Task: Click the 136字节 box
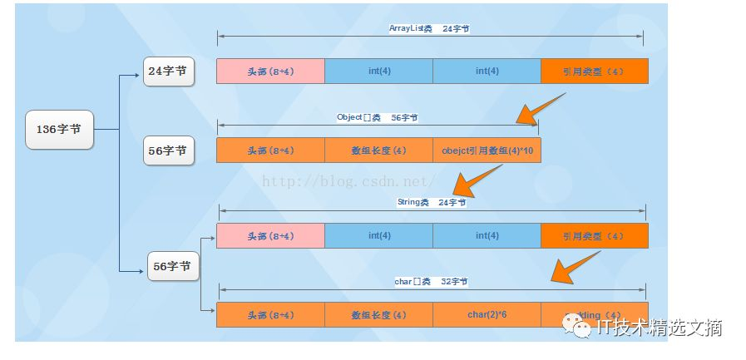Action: (x=59, y=130)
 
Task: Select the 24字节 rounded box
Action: (x=169, y=72)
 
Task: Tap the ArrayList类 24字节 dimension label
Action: (x=429, y=28)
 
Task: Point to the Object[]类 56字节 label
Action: (x=377, y=117)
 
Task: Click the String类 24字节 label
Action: (x=432, y=202)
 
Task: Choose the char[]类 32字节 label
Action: (x=431, y=282)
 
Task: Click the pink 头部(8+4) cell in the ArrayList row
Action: (x=270, y=72)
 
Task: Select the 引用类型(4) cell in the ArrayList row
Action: (x=594, y=72)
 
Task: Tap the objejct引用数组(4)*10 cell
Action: (x=486, y=150)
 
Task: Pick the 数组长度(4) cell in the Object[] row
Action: (x=378, y=150)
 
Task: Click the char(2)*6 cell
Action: (x=487, y=315)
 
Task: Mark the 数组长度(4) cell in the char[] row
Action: (x=378, y=315)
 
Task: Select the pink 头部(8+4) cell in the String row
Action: (x=270, y=235)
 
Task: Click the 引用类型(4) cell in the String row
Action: (x=594, y=235)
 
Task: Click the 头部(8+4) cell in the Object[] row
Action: (x=270, y=150)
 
